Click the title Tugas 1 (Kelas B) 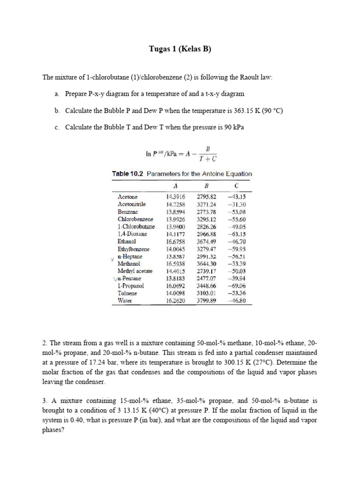(180, 49)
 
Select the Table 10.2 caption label (128, 173)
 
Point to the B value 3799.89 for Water (206, 301)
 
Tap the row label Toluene (128, 293)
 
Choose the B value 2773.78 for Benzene (206, 212)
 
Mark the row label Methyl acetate (135, 271)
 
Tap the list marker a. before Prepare (56, 94)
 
